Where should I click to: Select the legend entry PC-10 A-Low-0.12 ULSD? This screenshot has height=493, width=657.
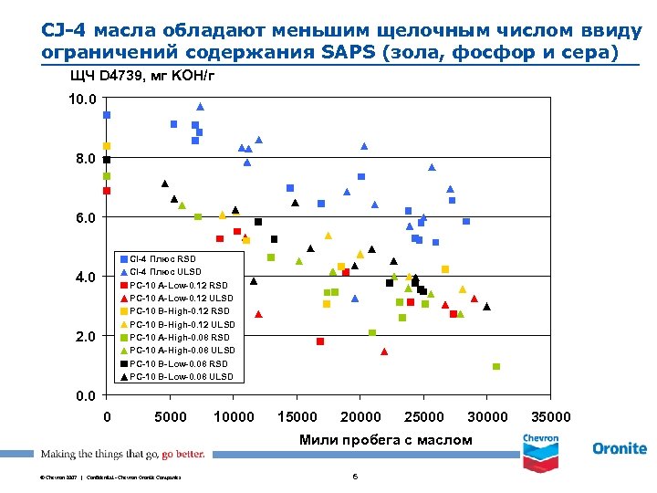click(x=182, y=298)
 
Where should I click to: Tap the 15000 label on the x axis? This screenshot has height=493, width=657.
click(x=297, y=417)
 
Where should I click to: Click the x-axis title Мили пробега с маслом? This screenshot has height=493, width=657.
click(x=386, y=440)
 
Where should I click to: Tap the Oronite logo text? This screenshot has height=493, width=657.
click(x=620, y=448)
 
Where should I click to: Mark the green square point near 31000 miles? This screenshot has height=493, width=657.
click(x=496, y=366)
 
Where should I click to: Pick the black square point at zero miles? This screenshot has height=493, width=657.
click(x=107, y=160)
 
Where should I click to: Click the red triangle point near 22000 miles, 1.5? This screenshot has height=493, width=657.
click(x=384, y=351)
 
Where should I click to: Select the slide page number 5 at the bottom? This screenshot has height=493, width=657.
click(x=354, y=477)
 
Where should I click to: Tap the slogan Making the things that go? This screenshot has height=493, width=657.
click(x=99, y=454)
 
